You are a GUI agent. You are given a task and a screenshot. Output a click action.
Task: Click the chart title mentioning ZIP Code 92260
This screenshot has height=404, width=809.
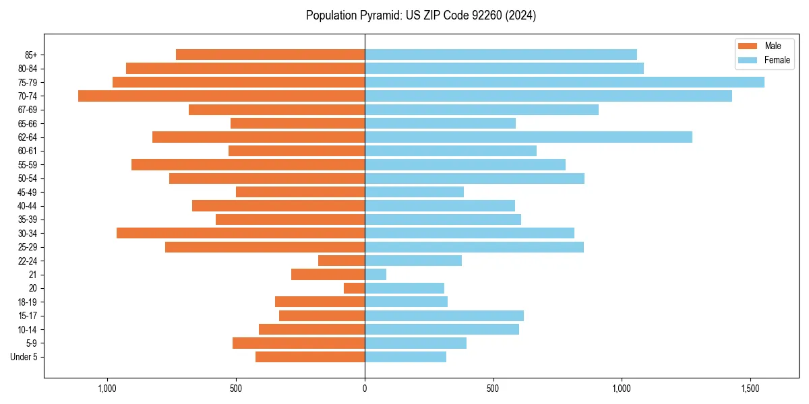pos(421,15)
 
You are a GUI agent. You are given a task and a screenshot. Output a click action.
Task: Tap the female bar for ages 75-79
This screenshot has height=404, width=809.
pos(564,82)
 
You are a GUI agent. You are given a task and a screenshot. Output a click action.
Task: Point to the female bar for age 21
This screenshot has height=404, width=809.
pos(376,275)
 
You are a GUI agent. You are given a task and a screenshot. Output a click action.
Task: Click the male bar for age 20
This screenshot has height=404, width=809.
pos(355,288)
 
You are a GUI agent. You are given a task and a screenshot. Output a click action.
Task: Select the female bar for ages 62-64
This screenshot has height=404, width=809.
pos(528,137)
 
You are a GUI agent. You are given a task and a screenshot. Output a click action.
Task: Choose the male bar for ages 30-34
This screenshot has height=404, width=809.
pos(241,233)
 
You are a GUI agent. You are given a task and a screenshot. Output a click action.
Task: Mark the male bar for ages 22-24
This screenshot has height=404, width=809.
pos(342,261)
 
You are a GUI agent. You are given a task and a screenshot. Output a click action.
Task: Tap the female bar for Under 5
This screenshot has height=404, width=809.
pos(405,357)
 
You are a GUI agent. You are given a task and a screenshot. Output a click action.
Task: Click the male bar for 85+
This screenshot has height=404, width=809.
pos(270,55)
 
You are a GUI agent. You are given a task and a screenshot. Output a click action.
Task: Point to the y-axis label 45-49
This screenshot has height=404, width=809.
pos(28,192)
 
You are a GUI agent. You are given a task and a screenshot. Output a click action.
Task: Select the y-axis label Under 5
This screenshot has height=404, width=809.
pos(24,357)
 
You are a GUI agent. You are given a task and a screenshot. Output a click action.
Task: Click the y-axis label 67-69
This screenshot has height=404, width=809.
pos(28,110)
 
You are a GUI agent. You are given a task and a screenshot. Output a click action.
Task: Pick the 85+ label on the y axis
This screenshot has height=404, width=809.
pos(30,55)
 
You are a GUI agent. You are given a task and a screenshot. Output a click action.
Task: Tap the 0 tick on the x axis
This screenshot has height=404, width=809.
pos(365,389)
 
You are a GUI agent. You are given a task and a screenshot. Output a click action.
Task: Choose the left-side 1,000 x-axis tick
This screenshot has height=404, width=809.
pos(107,389)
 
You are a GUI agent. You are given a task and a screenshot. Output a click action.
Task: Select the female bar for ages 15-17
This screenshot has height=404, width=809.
pos(444,316)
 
